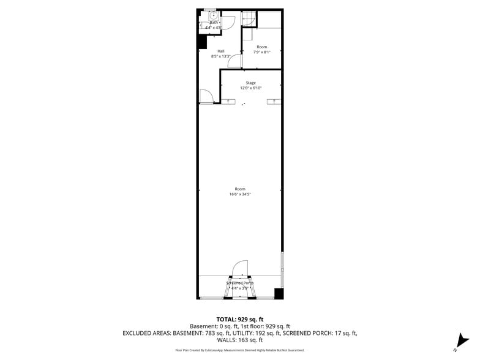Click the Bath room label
pos(214,23)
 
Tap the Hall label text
pos(220,51)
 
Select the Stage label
pos(251,83)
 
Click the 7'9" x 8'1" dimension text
pos(262,52)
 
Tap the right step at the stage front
pos(274,101)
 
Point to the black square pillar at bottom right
pos(279,293)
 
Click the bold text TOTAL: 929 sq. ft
pos(240,319)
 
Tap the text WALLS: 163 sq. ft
pos(240,340)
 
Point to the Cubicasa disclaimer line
pos(240,350)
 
